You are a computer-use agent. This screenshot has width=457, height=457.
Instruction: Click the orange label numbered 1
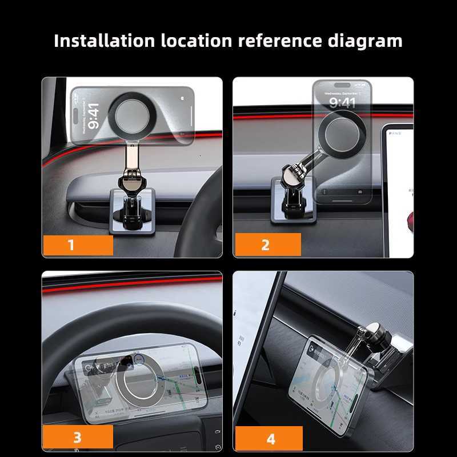78,245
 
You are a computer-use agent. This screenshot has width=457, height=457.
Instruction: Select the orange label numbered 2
266,245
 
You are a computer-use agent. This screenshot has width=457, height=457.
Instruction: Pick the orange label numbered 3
78,438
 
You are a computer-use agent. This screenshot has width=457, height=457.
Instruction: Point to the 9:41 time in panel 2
342,102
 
